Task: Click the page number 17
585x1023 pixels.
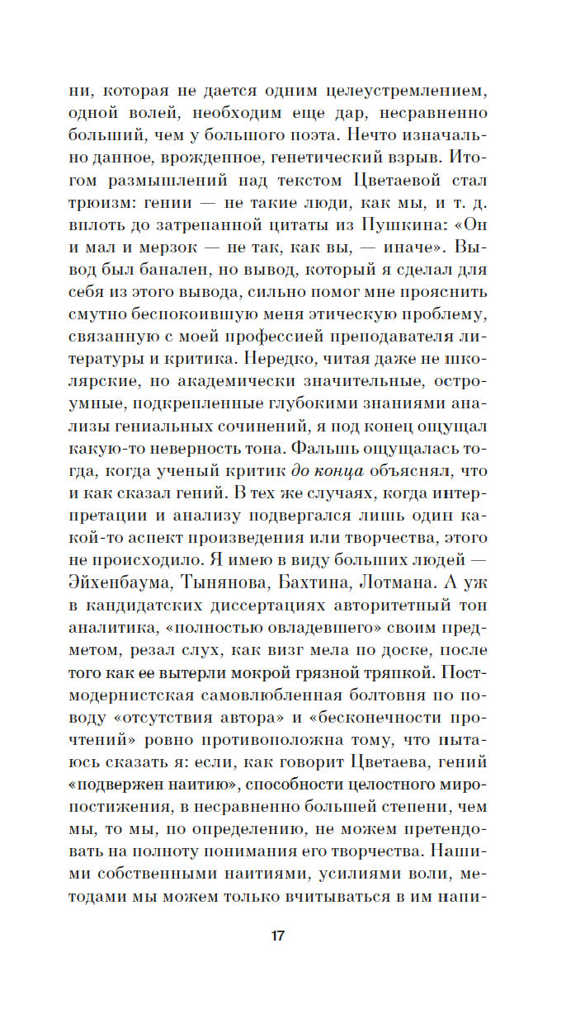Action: click(277, 936)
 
